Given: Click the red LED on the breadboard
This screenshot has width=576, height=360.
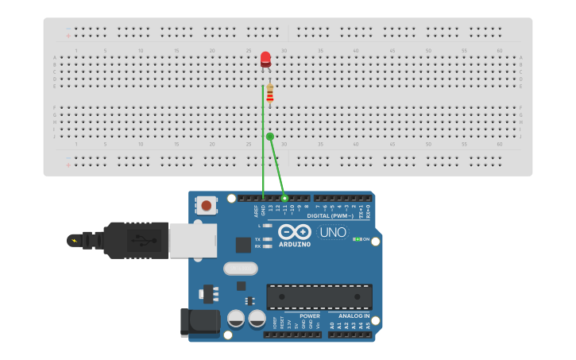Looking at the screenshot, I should click(265, 59).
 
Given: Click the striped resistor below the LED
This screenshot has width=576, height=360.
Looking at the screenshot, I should click(269, 94).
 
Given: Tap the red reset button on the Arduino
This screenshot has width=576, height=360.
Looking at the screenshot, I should click(207, 205).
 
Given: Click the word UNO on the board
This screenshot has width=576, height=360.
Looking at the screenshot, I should click(332, 233).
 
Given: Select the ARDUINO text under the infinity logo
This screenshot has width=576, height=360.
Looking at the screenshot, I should click(295, 244).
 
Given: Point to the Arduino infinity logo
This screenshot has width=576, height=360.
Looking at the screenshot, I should click(295, 231).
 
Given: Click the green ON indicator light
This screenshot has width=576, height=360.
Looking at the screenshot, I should click(357, 239).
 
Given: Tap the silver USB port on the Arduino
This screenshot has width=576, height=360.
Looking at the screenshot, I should click(193, 240).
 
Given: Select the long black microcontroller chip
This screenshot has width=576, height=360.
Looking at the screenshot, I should click(319, 296).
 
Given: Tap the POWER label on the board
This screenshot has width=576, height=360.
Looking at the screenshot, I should click(310, 315).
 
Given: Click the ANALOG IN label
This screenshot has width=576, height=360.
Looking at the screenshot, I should click(354, 315).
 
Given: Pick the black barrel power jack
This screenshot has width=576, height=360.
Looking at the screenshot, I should click(199, 321).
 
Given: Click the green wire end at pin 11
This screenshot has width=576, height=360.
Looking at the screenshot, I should click(284, 198).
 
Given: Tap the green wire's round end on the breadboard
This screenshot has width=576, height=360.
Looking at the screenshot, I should click(270, 137).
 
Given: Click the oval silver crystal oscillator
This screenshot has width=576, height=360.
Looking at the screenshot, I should click(241, 269).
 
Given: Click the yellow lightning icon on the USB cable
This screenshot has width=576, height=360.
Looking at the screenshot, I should click(75, 240).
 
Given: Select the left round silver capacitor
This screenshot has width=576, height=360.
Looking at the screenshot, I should click(236, 319).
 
